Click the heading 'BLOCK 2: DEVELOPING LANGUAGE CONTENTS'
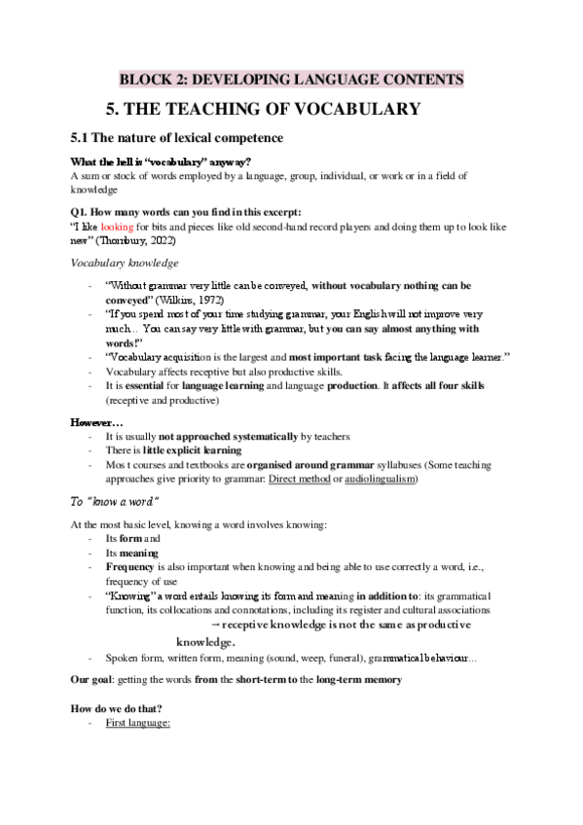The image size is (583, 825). pos(291,79)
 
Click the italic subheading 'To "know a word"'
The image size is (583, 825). pos(116,502)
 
